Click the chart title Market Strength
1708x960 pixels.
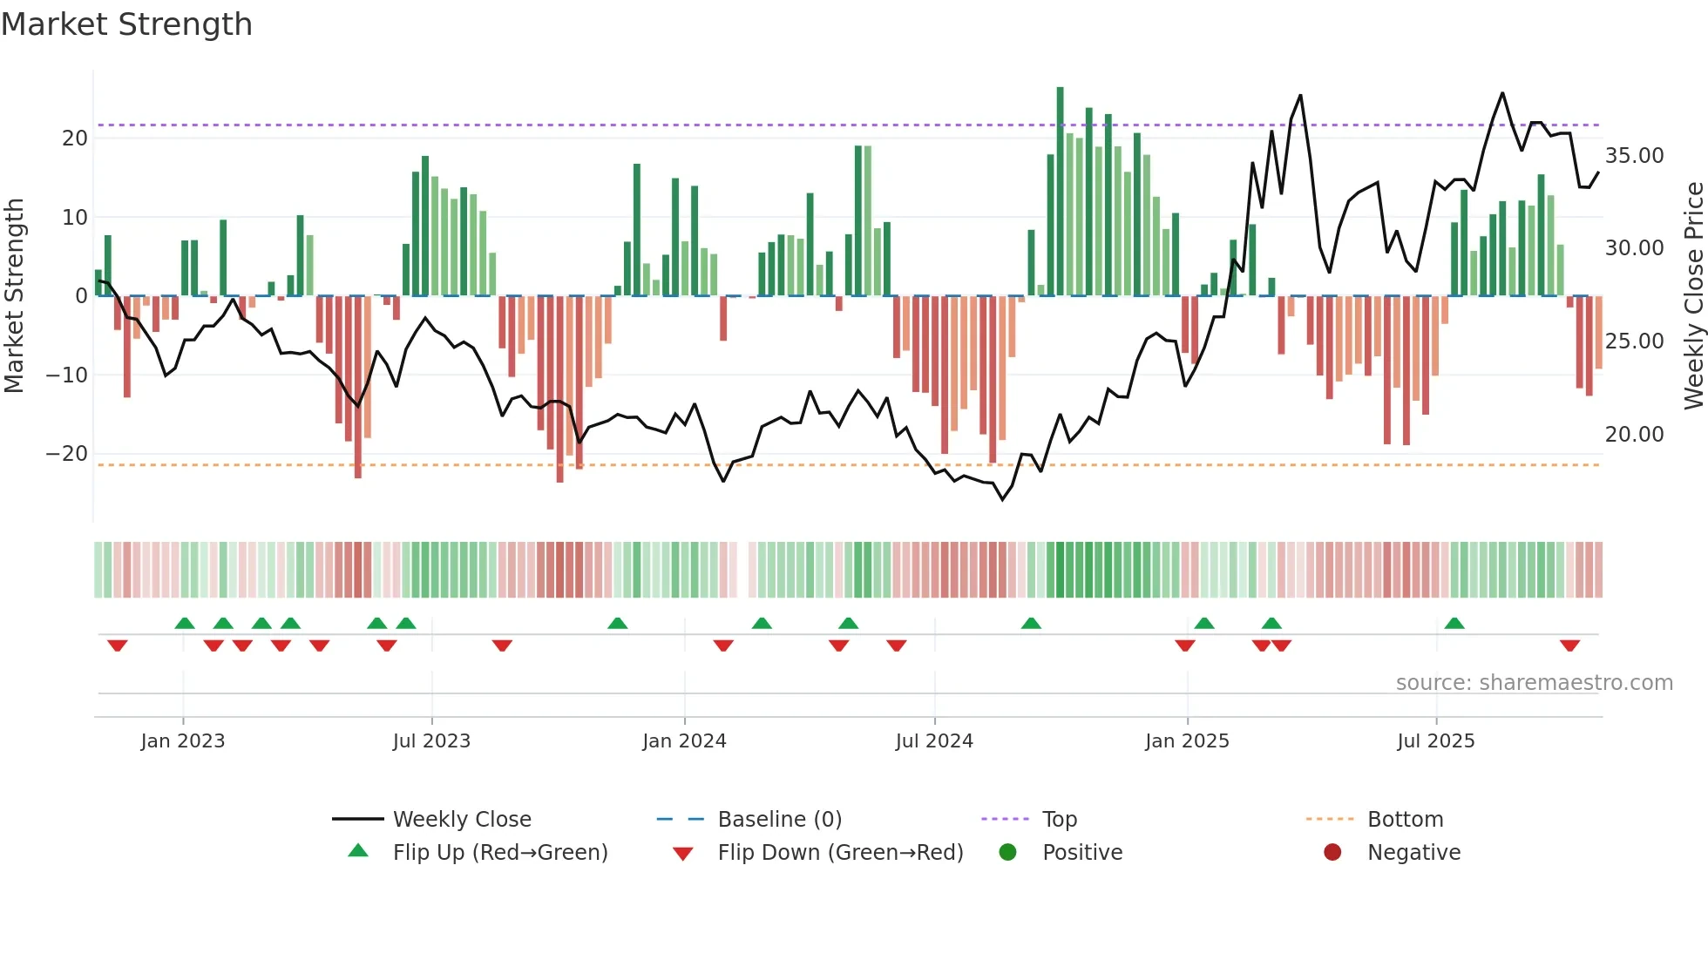click(x=126, y=24)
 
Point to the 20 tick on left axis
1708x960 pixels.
click(x=75, y=139)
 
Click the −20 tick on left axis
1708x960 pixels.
click(x=67, y=454)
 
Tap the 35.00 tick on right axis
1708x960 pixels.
click(x=1634, y=156)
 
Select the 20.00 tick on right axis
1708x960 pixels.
click(x=1634, y=434)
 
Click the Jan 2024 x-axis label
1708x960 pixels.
click(x=684, y=741)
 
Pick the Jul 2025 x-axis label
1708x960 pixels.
click(x=1435, y=741)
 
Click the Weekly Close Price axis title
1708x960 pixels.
click(x=1693, y=296)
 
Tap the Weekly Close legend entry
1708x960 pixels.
click(x=461, y=820)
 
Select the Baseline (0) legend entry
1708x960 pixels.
click(x=779, y=820)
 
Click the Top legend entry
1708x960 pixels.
click(x=1059, y=820)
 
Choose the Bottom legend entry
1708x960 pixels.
click(x=1405, y=820)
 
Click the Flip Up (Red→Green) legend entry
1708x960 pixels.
click(x=499, y=853)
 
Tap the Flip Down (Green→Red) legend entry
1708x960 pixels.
click(x=840, y=853)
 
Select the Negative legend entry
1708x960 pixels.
click(x=1413, y=853)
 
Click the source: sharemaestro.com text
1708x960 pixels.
click(x=1534, y=683)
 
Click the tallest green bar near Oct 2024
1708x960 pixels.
click(x=1060, y=192)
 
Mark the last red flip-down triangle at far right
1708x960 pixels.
click(x=1569, y=646)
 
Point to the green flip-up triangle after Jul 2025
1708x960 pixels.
click(x=1454, y=624)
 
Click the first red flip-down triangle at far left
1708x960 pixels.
click(x=118, y=646)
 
